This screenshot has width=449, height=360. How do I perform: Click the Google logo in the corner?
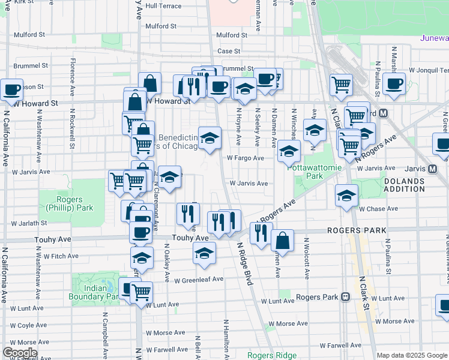(20, 353)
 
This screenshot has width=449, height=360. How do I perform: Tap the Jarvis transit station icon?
(432, 169)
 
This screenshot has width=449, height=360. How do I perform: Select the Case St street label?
(229, 52)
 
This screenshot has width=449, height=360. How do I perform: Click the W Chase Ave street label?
(378, 209)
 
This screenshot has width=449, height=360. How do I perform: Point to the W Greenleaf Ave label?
(199, 280)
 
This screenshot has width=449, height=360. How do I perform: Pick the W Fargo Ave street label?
(245, 158)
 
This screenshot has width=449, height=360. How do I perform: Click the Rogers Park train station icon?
(345, 297)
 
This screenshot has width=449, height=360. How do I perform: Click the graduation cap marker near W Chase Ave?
(346, 196)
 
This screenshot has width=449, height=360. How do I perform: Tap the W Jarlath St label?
(29, 223)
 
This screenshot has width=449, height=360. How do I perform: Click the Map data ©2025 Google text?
(412, 355)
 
